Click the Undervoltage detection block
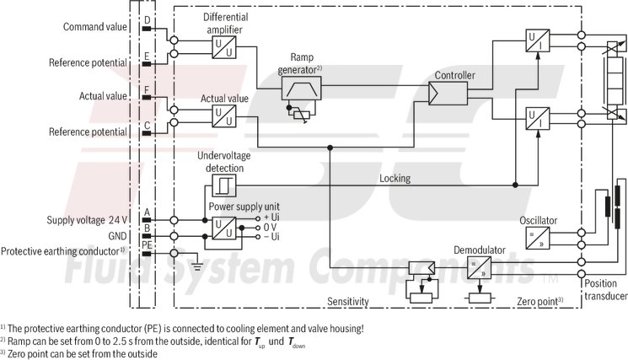click(x=224, y=185)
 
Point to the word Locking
click(x=395, y=179)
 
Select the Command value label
click(x=95, y=27)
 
